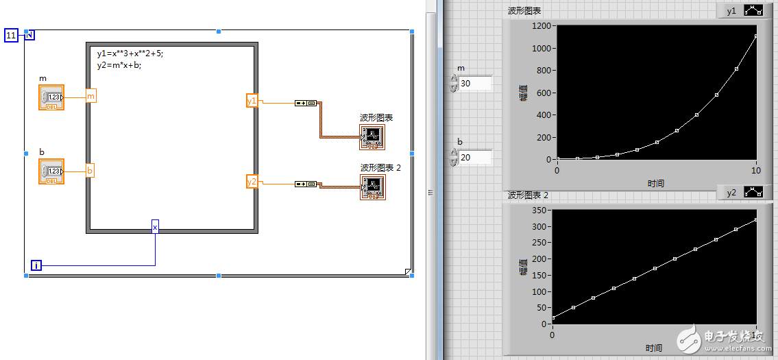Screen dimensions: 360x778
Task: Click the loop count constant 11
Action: tap(11, 36)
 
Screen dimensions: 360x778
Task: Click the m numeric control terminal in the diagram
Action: tap(51, 97)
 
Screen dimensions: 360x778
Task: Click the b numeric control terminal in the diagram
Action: tap(51, 171)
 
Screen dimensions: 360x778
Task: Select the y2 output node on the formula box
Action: tap(252, 182)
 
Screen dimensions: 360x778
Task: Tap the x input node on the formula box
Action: tap(155, 227)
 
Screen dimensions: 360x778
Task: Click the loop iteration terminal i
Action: tap(36, 265)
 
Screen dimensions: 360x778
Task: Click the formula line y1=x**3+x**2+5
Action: tap(130, 53)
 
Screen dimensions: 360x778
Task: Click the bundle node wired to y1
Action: tap(306, 103)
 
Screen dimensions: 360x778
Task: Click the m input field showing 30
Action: tap(474, 84)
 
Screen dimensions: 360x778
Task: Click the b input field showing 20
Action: tap(474, 158)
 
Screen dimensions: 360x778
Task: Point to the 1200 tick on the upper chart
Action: tap(542, 26)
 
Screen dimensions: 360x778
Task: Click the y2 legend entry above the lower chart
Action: tap(731, 194)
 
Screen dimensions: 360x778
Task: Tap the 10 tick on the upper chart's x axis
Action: tap(756, 169)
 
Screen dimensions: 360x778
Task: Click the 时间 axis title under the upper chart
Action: tap(656, 183)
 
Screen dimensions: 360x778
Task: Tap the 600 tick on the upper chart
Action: tap(544, 93)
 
